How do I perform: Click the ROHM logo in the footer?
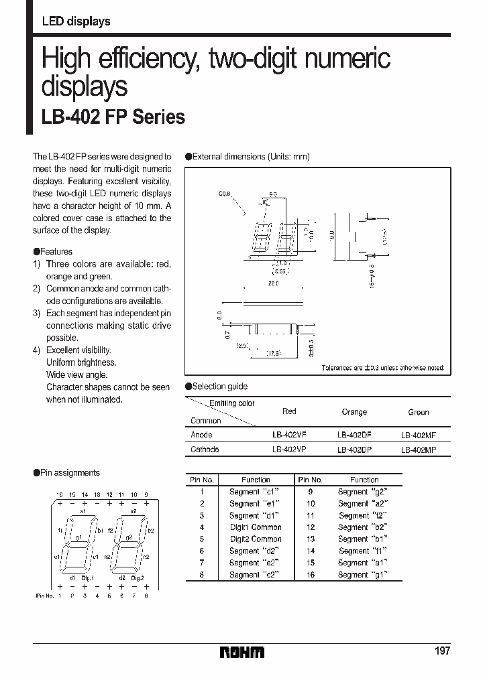pos(243,652)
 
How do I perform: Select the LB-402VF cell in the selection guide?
pos(288,435)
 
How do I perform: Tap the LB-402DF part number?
pos(354,435)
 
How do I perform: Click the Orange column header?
pos(354,412)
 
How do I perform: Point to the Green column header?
pos(418,413)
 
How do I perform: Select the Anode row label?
pos(202,435)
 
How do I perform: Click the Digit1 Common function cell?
pos(256,527)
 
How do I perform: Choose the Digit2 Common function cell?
pos(256,539)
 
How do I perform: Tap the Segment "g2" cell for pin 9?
pos(363,492)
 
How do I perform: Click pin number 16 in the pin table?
pos(311,575)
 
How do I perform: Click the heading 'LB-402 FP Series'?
pos(113,117)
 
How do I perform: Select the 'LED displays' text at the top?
pos(76,21)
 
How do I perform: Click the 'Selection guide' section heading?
pos(219,387)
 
